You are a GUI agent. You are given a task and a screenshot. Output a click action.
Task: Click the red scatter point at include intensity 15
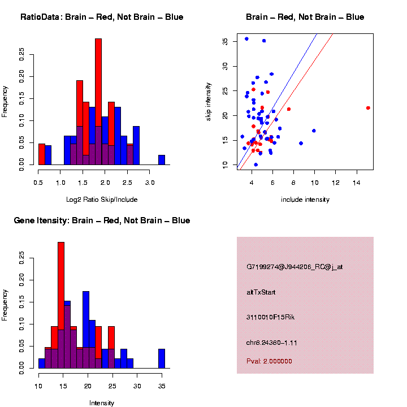[368, 108]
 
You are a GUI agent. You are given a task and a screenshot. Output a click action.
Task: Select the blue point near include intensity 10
[314, 131]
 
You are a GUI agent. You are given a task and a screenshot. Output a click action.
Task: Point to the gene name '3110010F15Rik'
[271, 317]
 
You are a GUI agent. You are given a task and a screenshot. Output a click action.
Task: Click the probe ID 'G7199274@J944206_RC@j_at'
[295, 267]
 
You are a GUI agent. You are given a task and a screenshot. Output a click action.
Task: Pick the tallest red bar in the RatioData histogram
[98, 102]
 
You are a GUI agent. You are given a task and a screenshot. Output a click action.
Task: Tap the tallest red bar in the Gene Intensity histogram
[61, 305]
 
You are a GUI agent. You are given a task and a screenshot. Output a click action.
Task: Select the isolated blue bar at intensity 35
[162, 358]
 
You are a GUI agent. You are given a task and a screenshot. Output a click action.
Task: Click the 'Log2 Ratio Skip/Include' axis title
[102, 200]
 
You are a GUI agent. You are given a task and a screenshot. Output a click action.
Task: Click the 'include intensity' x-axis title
[305, 200]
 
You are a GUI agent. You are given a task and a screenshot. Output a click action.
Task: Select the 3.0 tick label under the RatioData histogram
[150, 183]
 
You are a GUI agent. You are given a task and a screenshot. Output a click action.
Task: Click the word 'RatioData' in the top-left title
[40, 17]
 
